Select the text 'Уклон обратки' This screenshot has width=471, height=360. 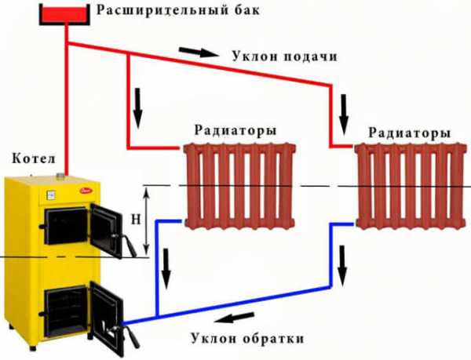(246, 338)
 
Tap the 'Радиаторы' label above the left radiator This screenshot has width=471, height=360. (230, 130)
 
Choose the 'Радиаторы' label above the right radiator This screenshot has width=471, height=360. (410, 132)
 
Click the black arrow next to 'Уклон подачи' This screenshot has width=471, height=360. (199, 53)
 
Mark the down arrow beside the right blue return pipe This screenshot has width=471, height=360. (342, 263)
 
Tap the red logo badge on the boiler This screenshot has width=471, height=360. (86, 191)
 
